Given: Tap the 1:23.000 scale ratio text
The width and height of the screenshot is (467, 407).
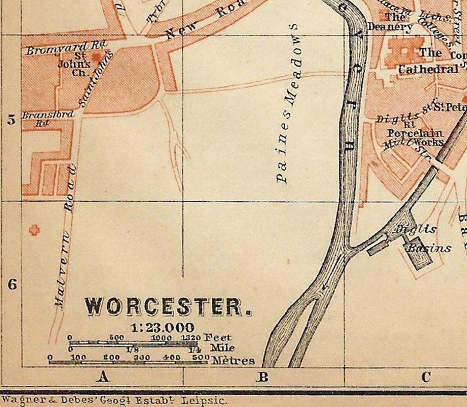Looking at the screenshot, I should pos(162,328).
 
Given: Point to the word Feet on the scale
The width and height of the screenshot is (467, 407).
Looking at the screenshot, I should pos(218,338).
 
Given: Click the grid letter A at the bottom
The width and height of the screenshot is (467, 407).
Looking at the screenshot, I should pos(103,377).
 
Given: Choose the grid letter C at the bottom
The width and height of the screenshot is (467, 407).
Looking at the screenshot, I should pos(425,377).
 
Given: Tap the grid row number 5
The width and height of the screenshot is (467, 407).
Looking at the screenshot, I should pos(11,120).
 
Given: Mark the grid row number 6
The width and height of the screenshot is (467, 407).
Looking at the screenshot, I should pos(11,284).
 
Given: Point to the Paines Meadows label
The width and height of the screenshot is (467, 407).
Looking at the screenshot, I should pos(288,106).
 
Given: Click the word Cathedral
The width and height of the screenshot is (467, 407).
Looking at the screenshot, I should pos(428,69).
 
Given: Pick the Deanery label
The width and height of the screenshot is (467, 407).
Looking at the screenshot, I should pos(390,26).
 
